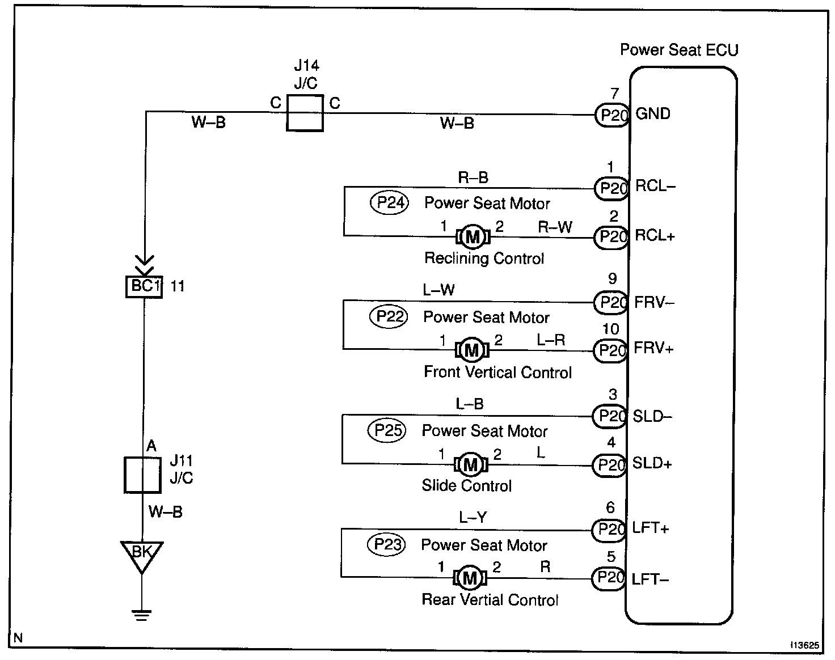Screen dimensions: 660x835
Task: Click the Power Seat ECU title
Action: coord(679,50)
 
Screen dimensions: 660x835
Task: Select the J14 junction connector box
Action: coord(305,113)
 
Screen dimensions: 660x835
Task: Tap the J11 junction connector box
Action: coord(142,475)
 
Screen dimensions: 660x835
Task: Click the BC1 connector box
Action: coord(144,286)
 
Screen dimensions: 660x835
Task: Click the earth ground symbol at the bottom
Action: coord(141,614)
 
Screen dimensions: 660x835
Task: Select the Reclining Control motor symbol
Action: coord(472,237)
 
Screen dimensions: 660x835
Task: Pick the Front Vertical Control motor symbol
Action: coord(471,350)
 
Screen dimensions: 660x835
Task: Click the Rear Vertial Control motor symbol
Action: coord(470,578)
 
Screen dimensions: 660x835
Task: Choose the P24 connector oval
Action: coord(389,202)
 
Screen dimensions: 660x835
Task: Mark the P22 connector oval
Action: coord(389,316)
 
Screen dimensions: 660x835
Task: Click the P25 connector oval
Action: coord(388,430)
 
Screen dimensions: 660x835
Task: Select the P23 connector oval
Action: coord(388,545)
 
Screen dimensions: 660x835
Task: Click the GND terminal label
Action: coord(653,114)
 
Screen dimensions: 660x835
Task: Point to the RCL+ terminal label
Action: coord(655,236)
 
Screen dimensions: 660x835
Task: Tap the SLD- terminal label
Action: coord(652,416)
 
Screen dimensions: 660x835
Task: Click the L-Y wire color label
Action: coord(473,518)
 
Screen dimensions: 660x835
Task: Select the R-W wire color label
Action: coord(555,227)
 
